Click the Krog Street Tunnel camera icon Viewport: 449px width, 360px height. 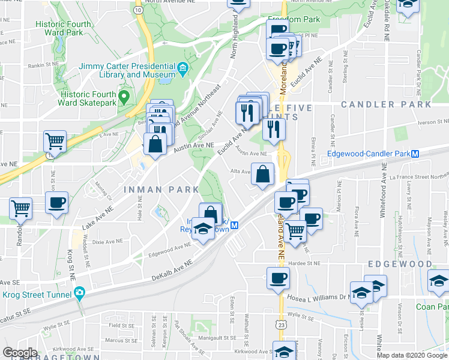[79, 293]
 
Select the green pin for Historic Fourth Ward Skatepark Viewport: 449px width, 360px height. [124, 96]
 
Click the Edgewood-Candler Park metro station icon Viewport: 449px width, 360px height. [415, 154]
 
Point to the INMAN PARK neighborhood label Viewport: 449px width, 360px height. [161, 190]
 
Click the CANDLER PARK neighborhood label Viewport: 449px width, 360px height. [385, 104]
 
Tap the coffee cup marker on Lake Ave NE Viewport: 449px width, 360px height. [56, 202]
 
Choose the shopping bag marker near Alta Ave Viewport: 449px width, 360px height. [263, 175]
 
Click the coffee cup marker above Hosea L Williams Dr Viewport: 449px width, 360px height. [278, 278]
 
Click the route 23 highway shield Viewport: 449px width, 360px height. [281, 324]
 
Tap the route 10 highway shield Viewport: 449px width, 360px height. [139, 10]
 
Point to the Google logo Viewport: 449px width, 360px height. [20, 353]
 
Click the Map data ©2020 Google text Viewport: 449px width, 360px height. [412, 355]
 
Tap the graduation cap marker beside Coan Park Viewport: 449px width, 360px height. [439, 281]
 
